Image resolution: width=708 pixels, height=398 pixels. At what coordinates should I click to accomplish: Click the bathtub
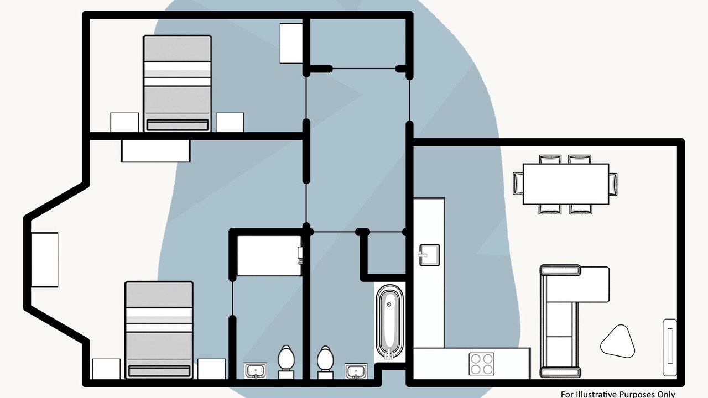pyautogui.click(x=390, y=322)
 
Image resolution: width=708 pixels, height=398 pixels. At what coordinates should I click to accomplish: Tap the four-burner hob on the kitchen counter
pyautogui.click(x=481, y=364)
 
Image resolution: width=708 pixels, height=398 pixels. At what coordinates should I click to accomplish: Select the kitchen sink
pyautogui.click(x=429, y=255)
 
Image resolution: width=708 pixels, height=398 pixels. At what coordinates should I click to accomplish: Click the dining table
pyautogui.click(x=566, y=184)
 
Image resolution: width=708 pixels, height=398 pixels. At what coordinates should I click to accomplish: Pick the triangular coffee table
pyautogui.click(x=617, y=342)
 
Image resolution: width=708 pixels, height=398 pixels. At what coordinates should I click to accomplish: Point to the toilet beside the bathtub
pyautogui.click(x=325, y=362)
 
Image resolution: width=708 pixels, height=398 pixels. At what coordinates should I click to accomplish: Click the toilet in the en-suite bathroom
pyautogui.click(x=286, y=362)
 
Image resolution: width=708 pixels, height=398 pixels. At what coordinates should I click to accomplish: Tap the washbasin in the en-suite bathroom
pyautogui.click(x=256, y=370)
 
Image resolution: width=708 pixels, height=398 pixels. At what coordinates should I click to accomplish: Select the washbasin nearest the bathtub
pyautogui.click(x=356, y=371)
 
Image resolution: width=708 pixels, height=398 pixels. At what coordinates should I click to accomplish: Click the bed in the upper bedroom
pyautogui.click(x=178, y=83)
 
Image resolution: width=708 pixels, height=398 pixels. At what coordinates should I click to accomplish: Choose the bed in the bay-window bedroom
pyautogui.click(x=159, y=330)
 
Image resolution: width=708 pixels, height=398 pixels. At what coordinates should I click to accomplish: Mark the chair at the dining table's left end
pyautogui.click(x=518, y=183)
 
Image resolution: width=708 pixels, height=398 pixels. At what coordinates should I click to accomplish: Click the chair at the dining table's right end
pyautogui.click(x=613, y=184)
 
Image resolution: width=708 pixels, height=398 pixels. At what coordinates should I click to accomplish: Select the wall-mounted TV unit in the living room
pyautogui.click(x=670, y=347)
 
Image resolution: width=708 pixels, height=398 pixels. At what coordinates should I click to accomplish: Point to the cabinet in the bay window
pyautogui.click(x=45, y=260)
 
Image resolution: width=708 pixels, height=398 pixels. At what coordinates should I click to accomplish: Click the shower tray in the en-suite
pyautogui.click(x=269, y=255)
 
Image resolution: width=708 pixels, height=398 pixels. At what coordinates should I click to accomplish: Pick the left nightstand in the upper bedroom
pyautogui.click(x=124, y=122)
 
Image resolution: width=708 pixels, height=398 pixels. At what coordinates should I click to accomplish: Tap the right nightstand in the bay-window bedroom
pyautogui.click(x=212, y=369)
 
